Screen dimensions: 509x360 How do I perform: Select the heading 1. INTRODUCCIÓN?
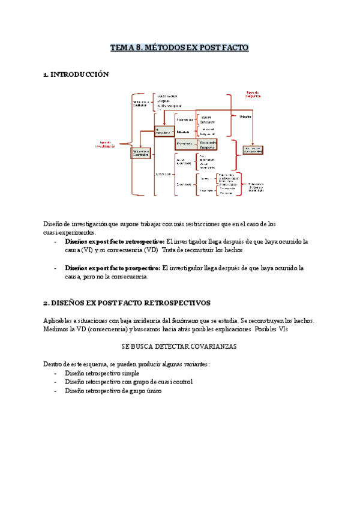tap(76, 74)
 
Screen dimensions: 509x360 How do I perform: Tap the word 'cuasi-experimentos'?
tap(68, 232)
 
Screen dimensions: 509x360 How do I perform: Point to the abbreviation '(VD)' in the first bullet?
tap(151, 250)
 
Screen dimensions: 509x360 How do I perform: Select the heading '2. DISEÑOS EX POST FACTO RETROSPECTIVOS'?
tap(127, 303)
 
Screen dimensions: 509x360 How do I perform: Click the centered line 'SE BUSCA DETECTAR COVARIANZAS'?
tap(179, 347)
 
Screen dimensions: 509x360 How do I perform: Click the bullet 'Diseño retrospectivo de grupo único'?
tap(113, 391)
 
